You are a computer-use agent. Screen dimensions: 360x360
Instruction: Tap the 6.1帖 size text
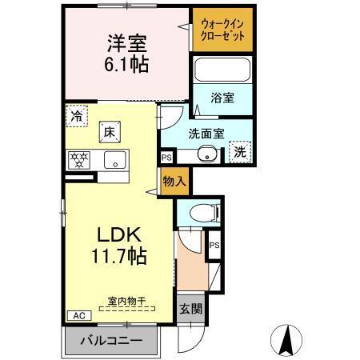[x=126, y=65]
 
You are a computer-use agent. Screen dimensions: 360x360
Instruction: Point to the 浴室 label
[x=222, y=98]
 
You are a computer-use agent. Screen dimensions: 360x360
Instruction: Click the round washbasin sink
[x=209, y=155]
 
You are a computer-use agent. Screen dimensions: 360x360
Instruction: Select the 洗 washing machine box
[x=239, y=150]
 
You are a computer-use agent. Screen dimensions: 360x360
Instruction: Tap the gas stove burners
[x=79, y=158]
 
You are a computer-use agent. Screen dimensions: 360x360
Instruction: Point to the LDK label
[x=119, y=235]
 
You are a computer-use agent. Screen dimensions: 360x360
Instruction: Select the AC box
[x=78, y=316]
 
